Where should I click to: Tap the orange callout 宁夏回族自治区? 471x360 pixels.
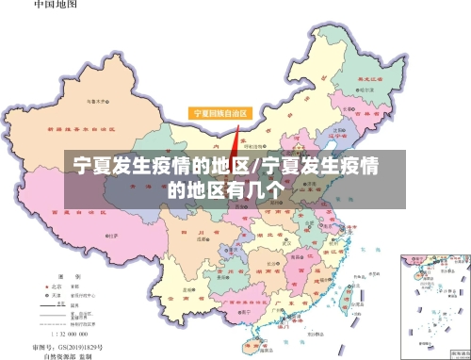[220, 113]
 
